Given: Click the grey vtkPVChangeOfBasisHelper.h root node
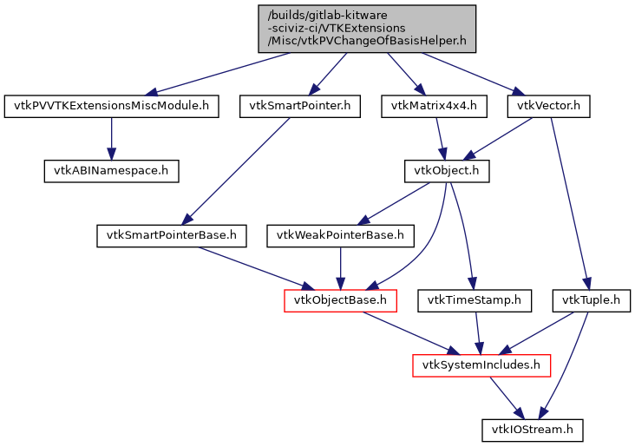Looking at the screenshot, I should point(367,28).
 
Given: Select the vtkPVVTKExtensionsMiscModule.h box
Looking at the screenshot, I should point(110,107).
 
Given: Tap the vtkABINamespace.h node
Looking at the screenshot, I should point(111,171).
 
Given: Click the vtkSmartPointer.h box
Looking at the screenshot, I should point(299,107).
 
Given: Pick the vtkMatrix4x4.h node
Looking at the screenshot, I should point(435,107).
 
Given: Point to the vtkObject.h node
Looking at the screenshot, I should point(447,171).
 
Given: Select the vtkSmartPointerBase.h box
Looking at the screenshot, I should point(171,235).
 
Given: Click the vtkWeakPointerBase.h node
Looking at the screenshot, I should point(340,235).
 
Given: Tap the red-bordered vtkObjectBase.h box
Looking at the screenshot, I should point(341,300).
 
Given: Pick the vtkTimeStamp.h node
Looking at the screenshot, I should point(475,300).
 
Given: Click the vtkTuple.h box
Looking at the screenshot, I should point(591,300).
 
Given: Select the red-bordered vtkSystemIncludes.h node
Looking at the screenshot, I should point(481,365).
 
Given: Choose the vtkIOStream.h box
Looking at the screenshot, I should point(532,429).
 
